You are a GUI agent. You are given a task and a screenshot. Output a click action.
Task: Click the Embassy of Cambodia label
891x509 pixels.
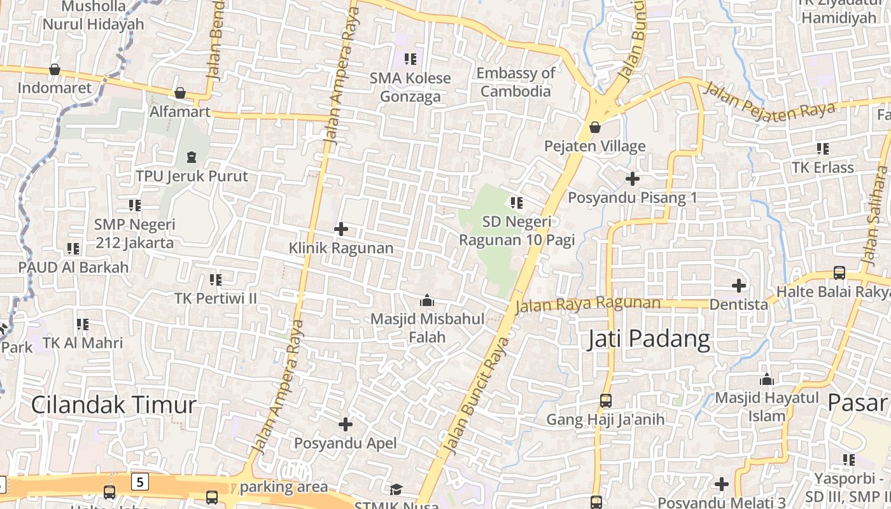pyautogui.click(x=516, y=82)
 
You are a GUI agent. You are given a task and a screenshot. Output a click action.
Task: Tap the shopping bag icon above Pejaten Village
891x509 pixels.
pyautogui.click(x=595, y=127)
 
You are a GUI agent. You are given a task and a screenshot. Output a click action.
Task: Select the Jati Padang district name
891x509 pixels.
pyautogui.click(x=648, y=338)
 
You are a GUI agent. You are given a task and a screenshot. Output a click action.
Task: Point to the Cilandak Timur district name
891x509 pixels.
pyautogui.click(x=114, y=405)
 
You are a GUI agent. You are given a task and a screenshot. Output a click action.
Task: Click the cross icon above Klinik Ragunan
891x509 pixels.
pyautogui.click(x=341, y=228)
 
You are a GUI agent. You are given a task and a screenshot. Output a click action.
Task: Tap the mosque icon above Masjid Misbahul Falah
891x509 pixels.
pyautogui.click(x=427, y=300)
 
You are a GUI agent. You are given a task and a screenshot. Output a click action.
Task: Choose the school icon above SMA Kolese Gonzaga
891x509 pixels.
pyautogui.click(x=410, y=59)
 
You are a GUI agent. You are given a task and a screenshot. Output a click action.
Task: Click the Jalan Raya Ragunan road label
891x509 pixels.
pyautogui.click(x=587, y=304)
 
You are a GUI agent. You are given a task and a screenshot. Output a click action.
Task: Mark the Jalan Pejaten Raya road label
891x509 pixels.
pyautogui.click(x=769, y=102)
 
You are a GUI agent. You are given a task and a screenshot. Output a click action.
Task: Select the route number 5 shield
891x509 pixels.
pyautogui.click(x=140, y=481)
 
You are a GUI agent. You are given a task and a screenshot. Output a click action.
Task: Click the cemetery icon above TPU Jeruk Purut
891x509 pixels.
pyautogui.click(x=192, y=157)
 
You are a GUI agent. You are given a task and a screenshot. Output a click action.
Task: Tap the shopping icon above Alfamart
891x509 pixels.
pyautogui.click(x=180, y=94)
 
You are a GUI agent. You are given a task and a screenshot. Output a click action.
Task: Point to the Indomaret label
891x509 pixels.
pyautogui.click(x=55, y=88)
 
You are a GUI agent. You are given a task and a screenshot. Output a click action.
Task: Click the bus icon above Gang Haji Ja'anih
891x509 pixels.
pyautogui.click(x=605, y=401)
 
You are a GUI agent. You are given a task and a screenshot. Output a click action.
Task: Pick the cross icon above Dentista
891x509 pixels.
pyautogui.click(x=738, y=286)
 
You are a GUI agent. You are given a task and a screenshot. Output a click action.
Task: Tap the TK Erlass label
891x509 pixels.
pyautogui.click(x=822, y=167)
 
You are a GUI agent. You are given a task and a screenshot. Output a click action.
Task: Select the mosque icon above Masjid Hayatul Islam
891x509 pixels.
pyautogui.click(x=767, y=379)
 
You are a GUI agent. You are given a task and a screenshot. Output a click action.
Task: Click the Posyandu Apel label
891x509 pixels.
pyautogui.click(x=345, y=443)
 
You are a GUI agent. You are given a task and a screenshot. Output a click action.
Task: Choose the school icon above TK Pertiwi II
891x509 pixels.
pyautogui.click(x=216, y=279)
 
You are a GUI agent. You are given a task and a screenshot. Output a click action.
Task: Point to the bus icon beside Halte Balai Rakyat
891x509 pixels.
pyautogui.click(x=839, y=273)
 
